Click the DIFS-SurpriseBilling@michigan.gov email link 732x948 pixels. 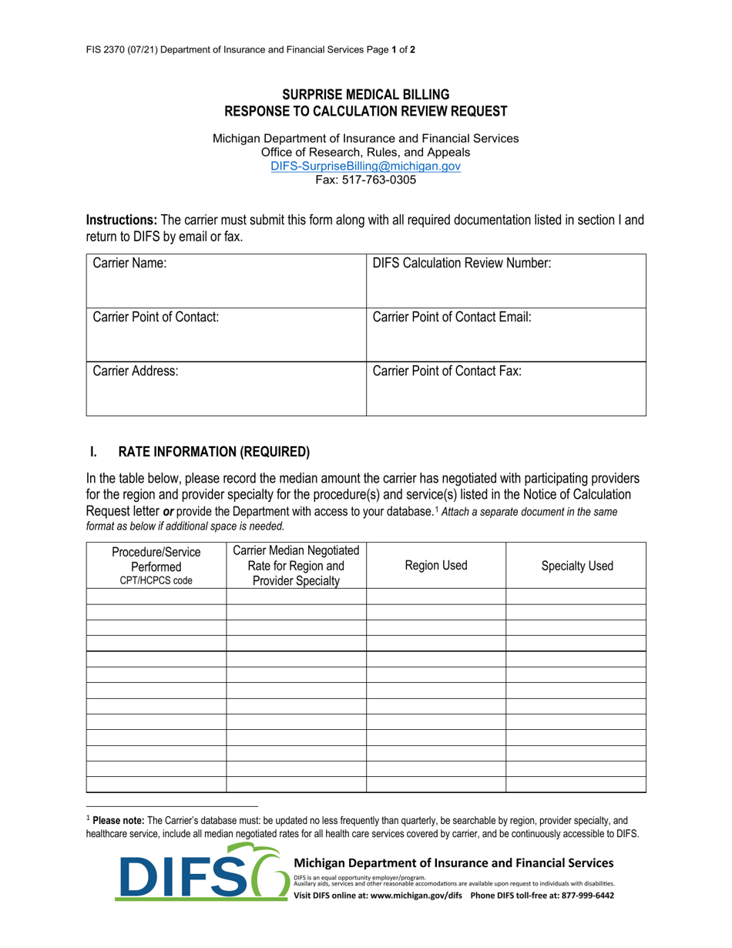[x=365, y=166]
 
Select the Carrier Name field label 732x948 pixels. [x=129, y=264]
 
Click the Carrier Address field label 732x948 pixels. [x=136, y=371]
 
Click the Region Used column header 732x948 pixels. [x=435, y=566]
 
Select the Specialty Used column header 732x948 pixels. [x=576, y=566]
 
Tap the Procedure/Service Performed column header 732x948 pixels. [x=156, y=566]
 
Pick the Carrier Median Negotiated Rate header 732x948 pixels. [x=296, y=566]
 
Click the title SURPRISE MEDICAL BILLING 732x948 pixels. [x=365, y=94]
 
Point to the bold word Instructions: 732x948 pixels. [x=122, y=220]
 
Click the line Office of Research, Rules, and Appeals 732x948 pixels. [x=365, y=153]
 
